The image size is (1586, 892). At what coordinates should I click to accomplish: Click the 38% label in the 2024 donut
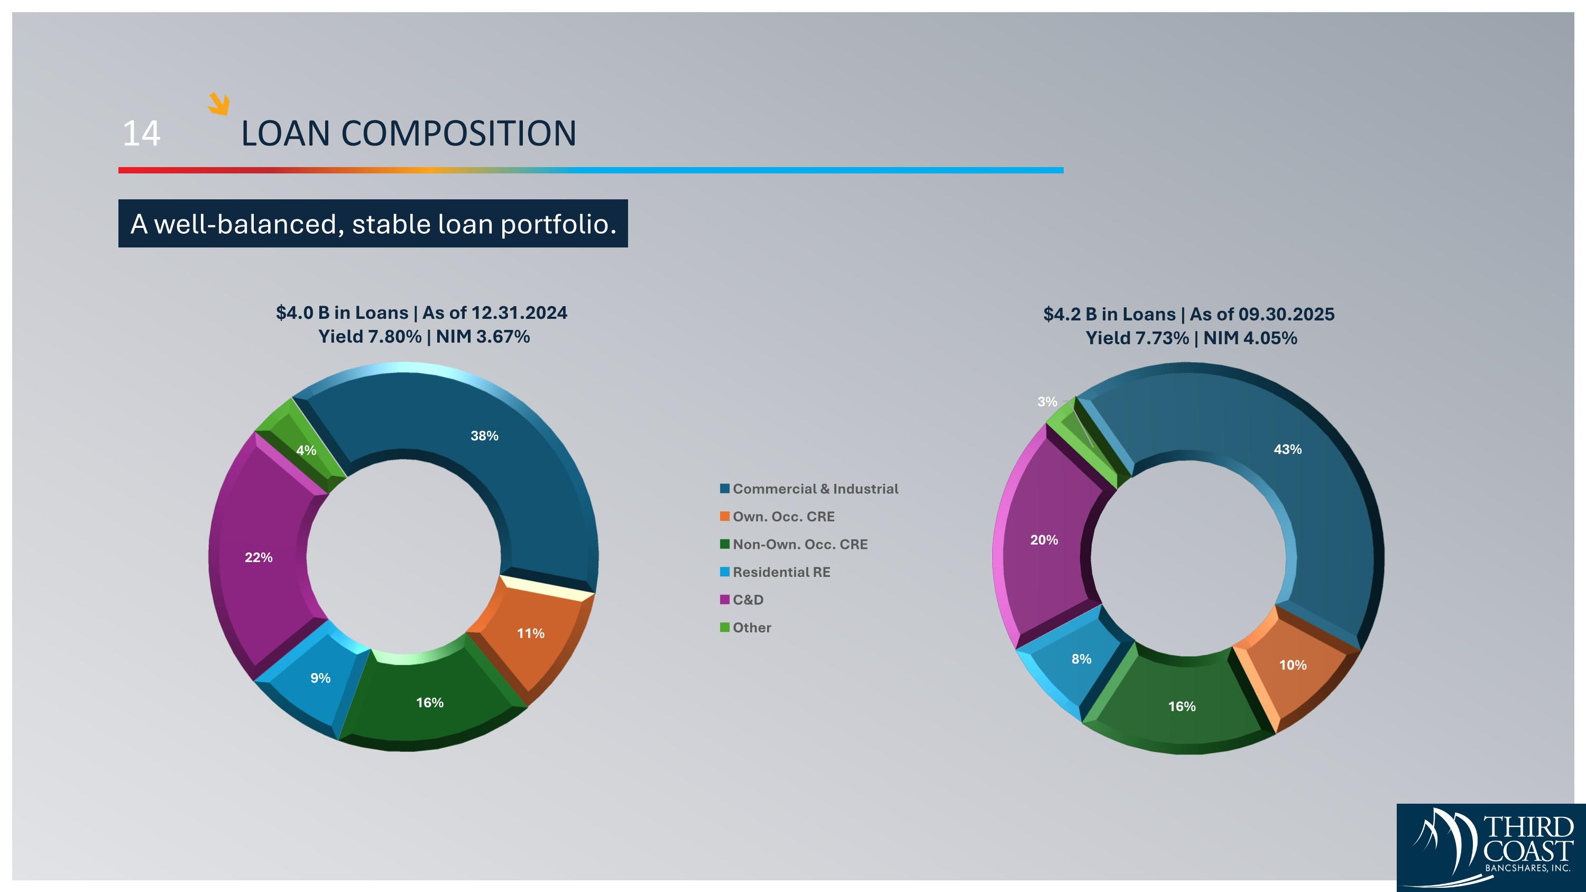click(484, 436)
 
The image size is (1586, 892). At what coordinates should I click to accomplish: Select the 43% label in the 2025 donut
click(1287, 449)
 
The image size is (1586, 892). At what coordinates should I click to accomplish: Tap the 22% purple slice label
click(259, 557)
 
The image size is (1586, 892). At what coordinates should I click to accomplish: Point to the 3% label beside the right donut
click(1047, 402)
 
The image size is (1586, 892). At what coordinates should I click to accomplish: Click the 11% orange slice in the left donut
click(530, 633)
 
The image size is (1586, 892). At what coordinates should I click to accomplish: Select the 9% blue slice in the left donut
click(320, 678)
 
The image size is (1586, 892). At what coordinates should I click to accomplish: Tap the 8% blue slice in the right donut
click(1081, 659)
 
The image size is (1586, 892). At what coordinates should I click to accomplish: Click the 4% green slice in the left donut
click(306, 450)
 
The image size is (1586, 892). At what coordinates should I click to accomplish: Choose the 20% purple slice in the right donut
click(1044, 540)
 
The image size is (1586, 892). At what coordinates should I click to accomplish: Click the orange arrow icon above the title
click(218, 104)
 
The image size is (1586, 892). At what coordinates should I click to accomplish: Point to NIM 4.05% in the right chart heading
click(1250, 338)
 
